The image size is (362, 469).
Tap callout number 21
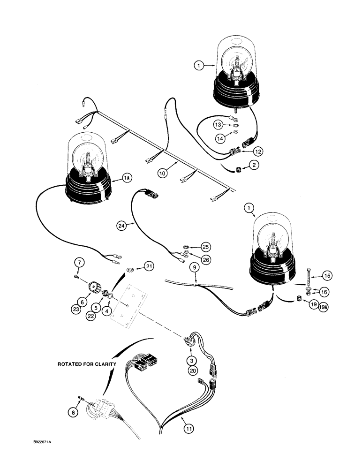coord(149,267)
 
